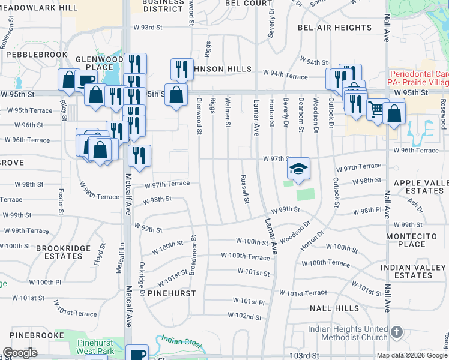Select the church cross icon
click(x=396, y=332)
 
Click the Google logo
click(x=20, y=353)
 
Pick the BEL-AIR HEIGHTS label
click(x=335, y=28)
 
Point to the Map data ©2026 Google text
click(x=411, y=355)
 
